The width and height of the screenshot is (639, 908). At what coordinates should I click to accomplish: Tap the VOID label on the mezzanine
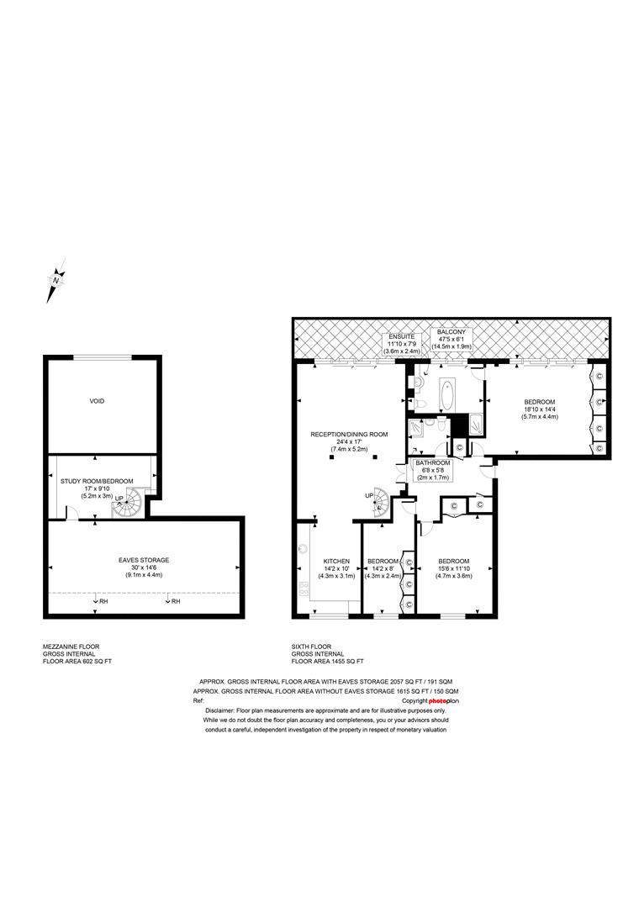[x=98, y=402]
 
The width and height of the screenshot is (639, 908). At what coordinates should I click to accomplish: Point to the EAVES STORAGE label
[x=143, y=560]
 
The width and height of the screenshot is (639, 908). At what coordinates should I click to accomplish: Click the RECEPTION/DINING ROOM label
[x=349, y=435]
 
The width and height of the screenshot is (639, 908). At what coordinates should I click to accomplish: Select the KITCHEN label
[x=336, y=561]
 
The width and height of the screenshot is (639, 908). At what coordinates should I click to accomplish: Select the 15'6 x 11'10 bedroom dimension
[x=453, y=568]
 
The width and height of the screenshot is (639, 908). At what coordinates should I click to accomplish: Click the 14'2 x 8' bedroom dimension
[x=383, y=568]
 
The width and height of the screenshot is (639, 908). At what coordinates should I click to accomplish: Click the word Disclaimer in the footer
[x=210, y=710]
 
